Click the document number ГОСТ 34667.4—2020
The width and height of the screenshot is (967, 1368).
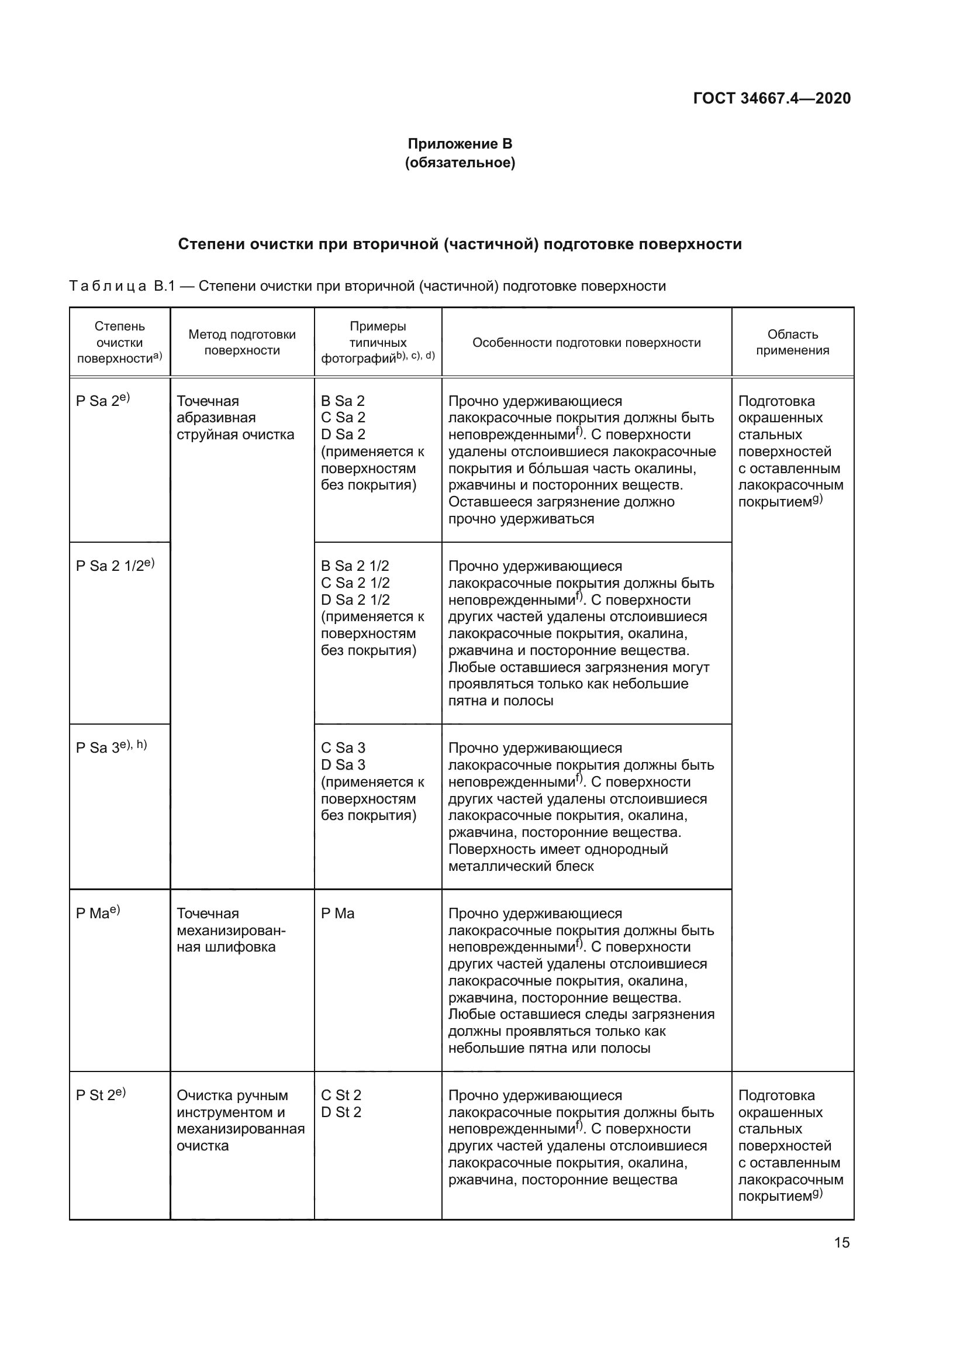[x=771, y=98]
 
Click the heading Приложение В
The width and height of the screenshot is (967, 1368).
[x=460, y=144]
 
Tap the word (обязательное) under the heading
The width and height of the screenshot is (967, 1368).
[x=460, y=163]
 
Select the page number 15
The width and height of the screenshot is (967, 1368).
[x=841, y=1242]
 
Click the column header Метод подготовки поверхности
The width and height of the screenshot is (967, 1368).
[x=242, y=342]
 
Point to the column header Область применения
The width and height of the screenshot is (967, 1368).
[x=792, y=342]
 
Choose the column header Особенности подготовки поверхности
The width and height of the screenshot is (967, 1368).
[x=586, y=343]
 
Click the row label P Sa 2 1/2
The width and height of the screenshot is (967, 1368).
[x=110, y=566]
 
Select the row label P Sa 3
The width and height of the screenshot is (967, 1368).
[x=99, y=747]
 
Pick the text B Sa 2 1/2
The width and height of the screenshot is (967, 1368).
[x=355, y=566]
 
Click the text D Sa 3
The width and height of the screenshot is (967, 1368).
[x=343, y=764]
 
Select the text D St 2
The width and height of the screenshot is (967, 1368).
[x=341, y=1112]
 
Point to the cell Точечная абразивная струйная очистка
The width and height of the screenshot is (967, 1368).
[x=235, y=418]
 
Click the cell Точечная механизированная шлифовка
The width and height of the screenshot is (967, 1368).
[x=231, y=930]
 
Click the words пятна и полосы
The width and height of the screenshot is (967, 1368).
[x=500, y=701]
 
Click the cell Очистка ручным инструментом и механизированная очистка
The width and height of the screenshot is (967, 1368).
[x=240, y=1120]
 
